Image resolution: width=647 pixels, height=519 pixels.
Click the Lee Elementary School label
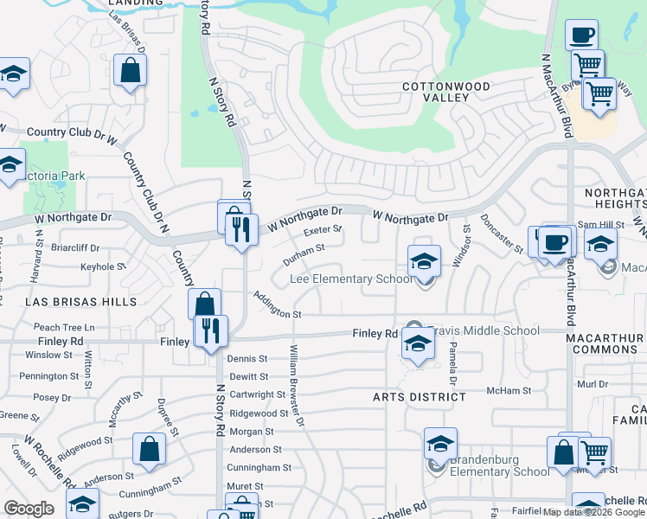click(x=351, y=279)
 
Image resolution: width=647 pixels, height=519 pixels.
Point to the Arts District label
click(x=419, y=397)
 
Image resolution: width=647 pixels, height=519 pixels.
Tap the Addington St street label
click(x=277, y=304)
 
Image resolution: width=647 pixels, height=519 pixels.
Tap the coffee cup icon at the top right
click(x=581, y=35)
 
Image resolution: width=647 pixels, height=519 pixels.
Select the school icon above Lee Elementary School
click(x=424, y=260)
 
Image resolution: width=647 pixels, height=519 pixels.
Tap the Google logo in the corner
click(x=29, y=509)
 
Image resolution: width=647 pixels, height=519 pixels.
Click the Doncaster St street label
click(x=501, y=234)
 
